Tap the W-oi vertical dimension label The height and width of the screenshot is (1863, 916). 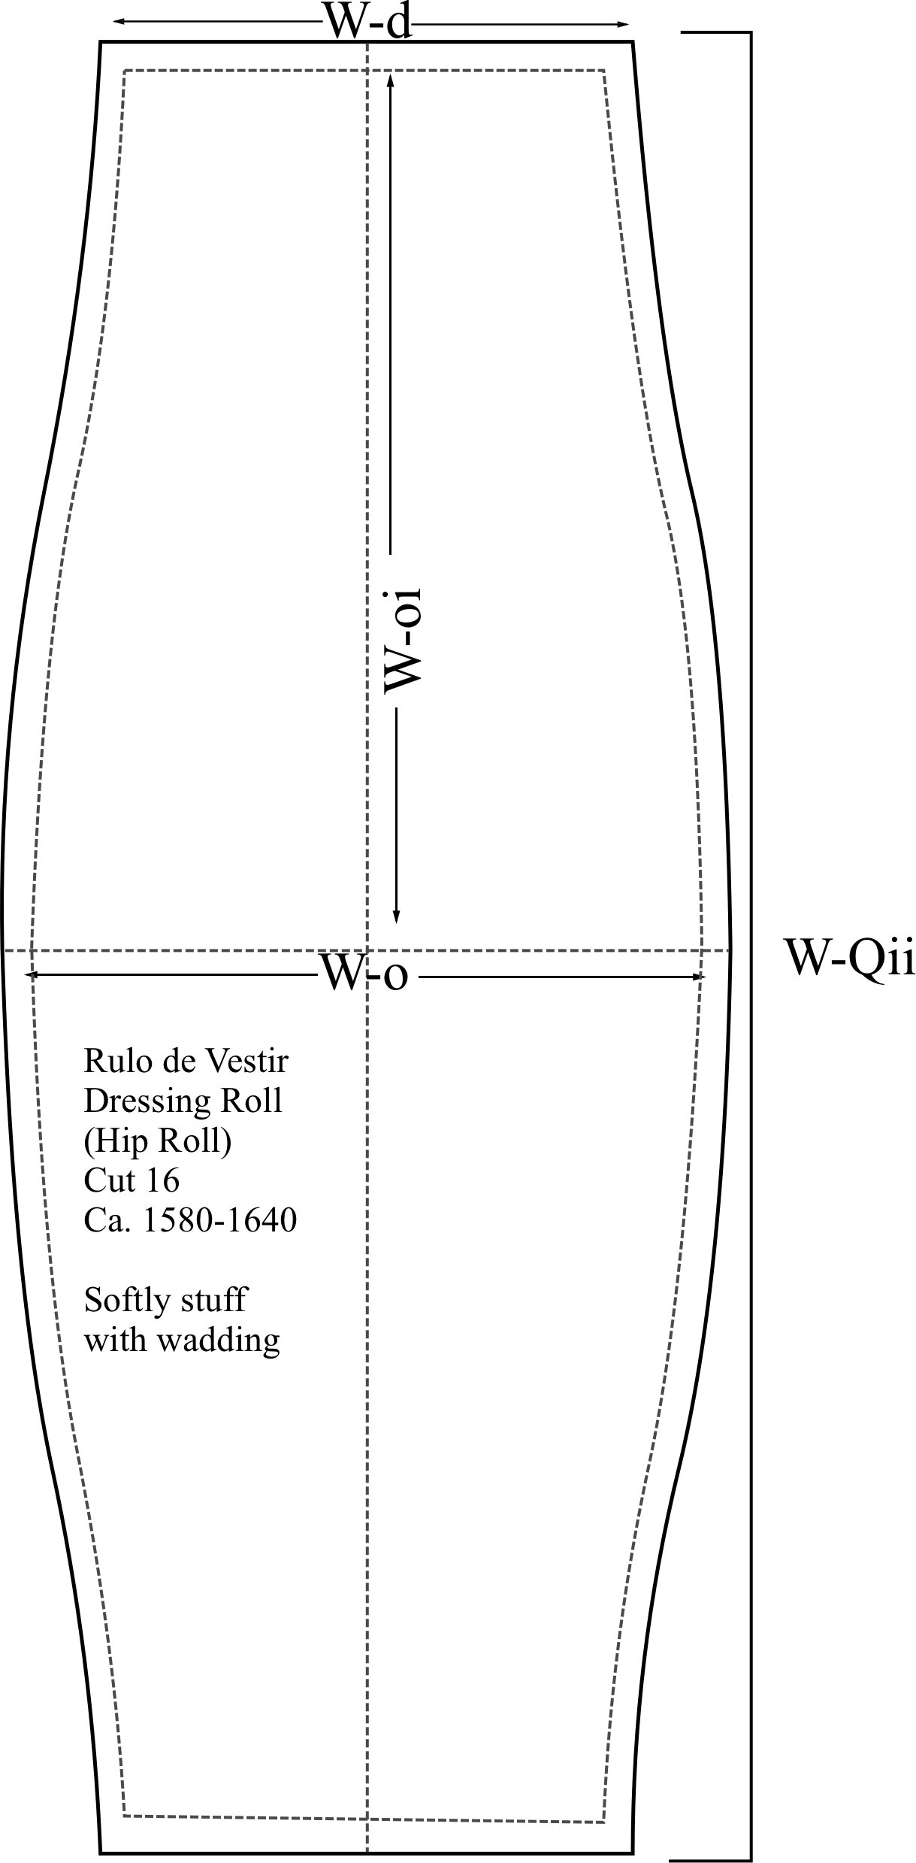(x=402, y=640)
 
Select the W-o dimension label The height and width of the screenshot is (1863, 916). (x=364, y=975)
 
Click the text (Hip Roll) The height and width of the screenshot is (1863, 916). (x=158, y=1142)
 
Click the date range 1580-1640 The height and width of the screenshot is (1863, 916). (x=220, y=1221)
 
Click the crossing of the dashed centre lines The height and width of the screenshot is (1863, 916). (x=367, y=951)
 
